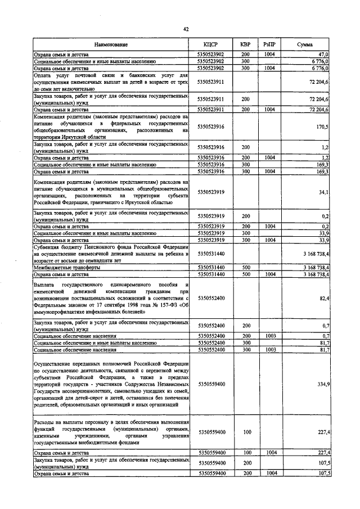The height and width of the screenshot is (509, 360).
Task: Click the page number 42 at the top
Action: [185, 29]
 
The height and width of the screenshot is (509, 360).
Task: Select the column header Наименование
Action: [111, 44]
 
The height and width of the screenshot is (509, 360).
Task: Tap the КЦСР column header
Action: [211, 44]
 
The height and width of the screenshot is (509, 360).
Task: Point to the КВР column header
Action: [245, 44]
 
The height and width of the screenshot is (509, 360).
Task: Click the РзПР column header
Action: [269, 44]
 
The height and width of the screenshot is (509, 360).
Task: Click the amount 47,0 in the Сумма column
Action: [323, 54]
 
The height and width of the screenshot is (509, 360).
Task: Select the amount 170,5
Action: [322, 127]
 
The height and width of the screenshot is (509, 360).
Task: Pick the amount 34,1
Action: [323, 193]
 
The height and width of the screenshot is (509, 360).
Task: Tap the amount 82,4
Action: [323, 298]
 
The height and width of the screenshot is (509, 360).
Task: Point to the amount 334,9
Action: [322, 384]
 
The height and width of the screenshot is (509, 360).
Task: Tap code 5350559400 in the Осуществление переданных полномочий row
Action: [211, 384]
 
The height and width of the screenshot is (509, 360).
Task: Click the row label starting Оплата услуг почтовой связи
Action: [111, 82]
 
